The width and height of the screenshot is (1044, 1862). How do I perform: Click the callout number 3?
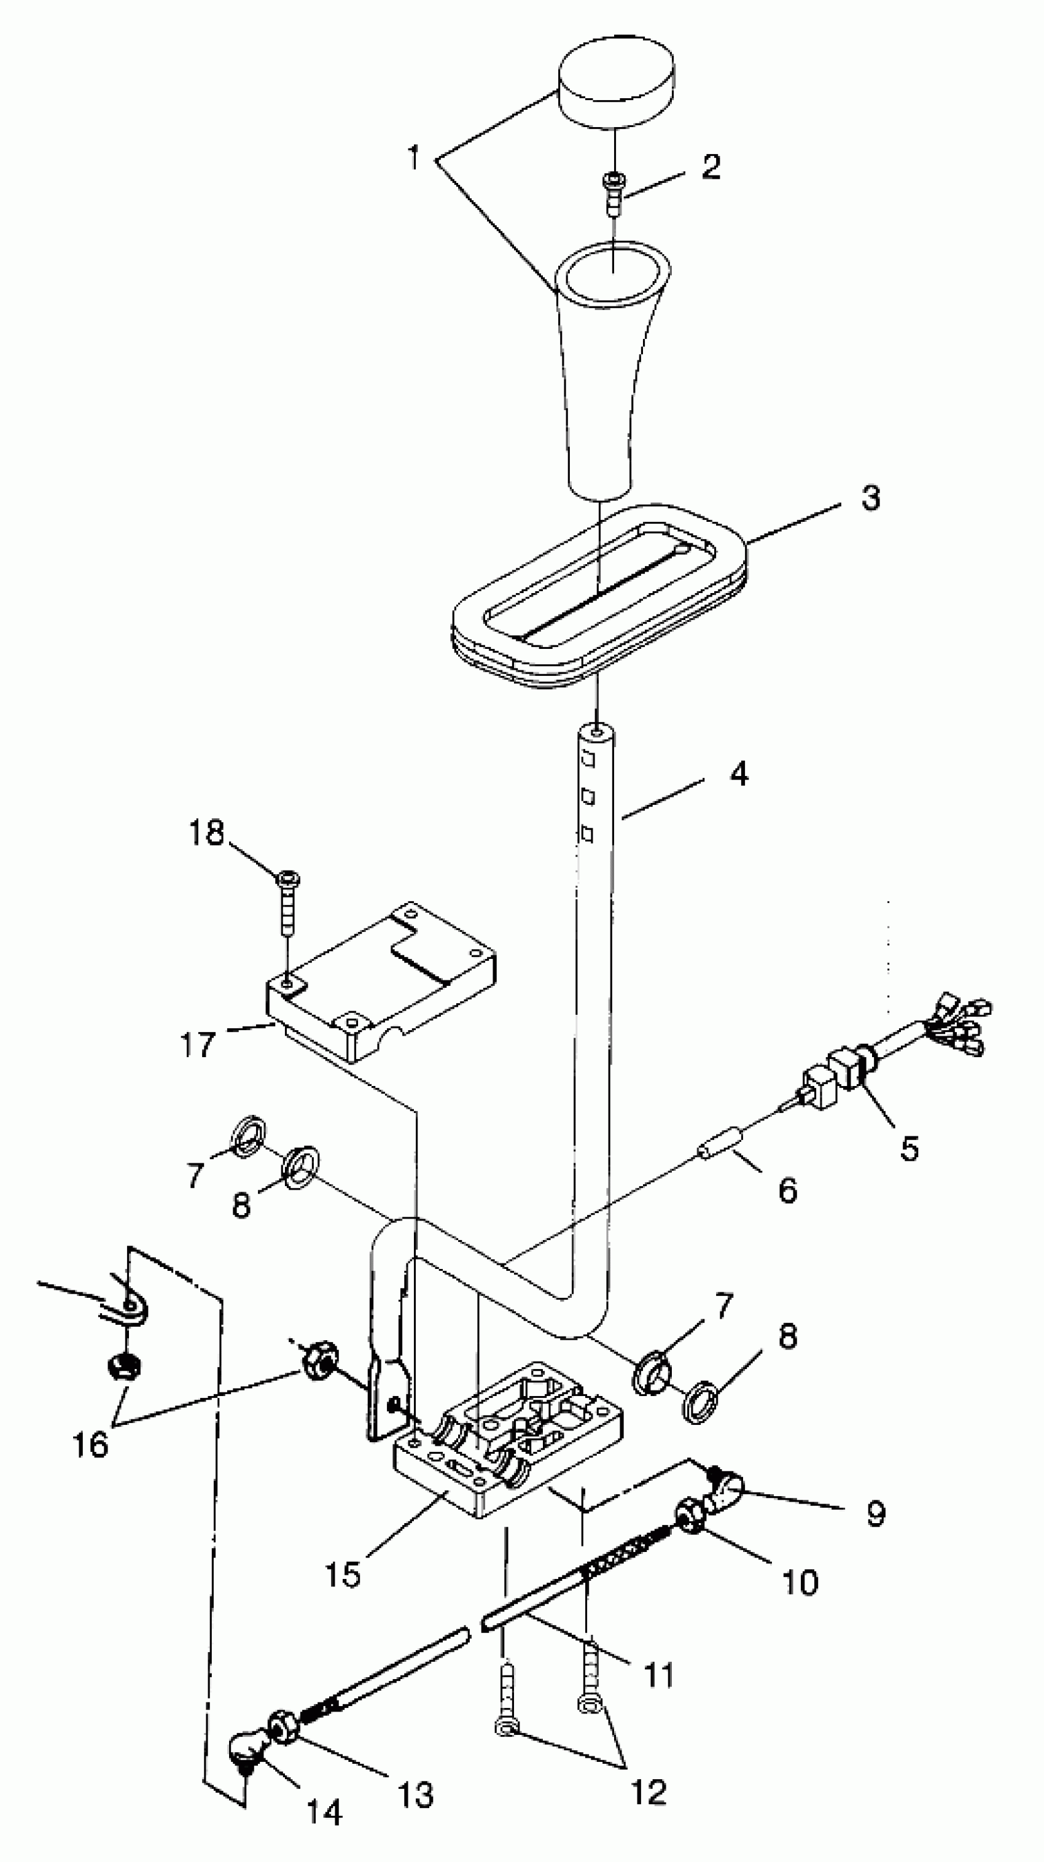[870, 498]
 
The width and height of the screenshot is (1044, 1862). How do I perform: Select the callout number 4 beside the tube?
[738, 774]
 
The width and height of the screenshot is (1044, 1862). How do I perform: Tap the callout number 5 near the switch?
[909, 1147]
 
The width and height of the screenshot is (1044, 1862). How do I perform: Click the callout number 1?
[413, 158]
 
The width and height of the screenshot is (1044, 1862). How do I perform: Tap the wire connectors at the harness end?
[962, 1025]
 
